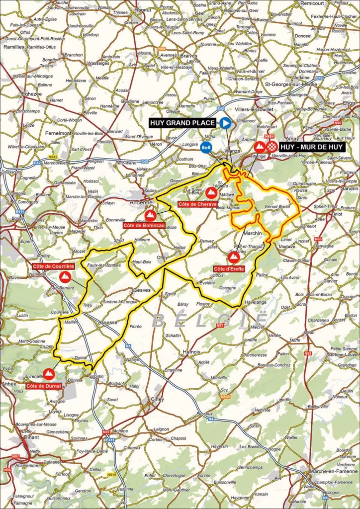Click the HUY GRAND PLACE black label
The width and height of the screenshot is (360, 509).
(183, 123)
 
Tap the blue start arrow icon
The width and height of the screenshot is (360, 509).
(226, 123)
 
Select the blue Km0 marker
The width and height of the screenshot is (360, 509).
(206, 147)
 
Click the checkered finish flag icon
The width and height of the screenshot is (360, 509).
(271, 147)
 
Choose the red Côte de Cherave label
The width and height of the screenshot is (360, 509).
(197, 204)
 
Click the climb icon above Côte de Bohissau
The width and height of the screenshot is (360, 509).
(150, 215)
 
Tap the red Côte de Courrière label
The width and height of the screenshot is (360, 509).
(54, 266)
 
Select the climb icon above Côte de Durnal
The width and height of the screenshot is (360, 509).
(49, 373)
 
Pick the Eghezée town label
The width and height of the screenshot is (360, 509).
(31, 93)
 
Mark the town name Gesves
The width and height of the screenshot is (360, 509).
(142, 291)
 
